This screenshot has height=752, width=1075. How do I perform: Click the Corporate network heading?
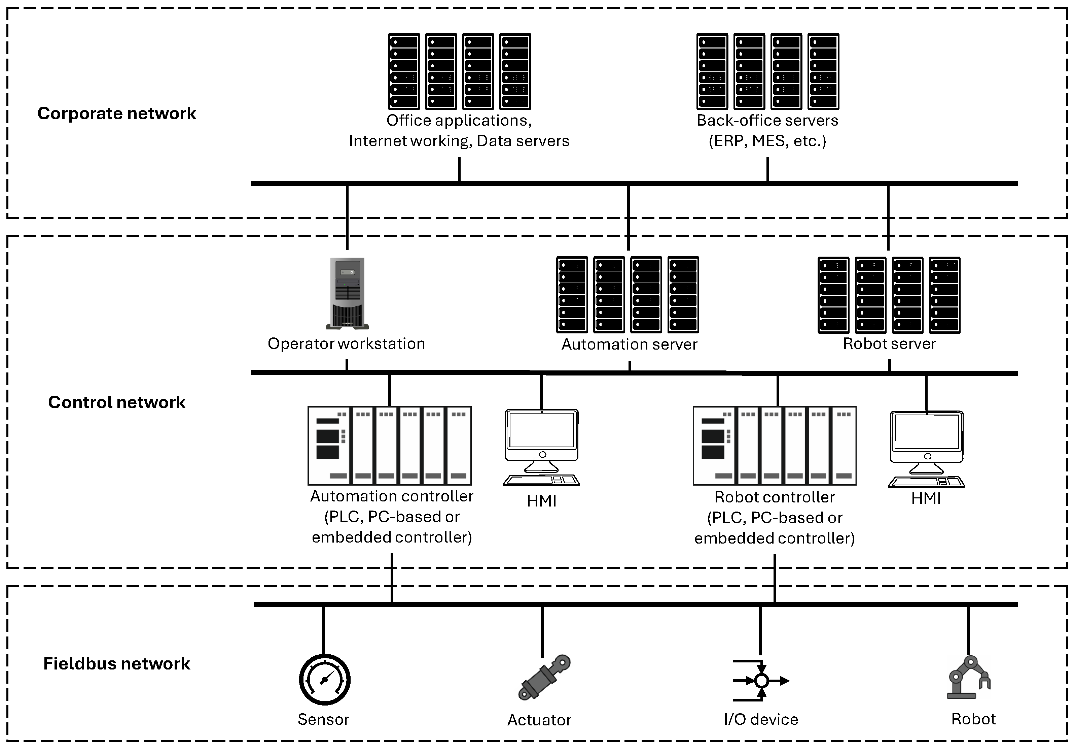point(116,113)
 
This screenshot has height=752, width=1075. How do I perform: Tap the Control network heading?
point(116,402)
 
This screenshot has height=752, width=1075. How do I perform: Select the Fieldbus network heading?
point(116,663)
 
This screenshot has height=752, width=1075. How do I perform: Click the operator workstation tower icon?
point(347,293)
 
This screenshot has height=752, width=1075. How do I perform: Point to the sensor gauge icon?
point(324,679)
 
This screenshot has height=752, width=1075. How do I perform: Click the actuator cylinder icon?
point(544,678)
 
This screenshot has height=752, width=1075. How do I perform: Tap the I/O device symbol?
point(761,680)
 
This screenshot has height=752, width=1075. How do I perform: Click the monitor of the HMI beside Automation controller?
point(542,431)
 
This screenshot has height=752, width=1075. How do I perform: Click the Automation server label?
point(629,345)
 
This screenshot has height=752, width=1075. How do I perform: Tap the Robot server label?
point(889,344)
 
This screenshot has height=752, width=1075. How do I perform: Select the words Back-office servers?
point(767,121)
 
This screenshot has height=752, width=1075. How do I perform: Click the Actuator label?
point(539,720)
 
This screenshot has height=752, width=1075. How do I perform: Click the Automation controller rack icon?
point(389,446)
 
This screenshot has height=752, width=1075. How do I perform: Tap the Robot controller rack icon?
point(775,446)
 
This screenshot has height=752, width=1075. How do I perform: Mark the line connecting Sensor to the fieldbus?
point(323,630)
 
